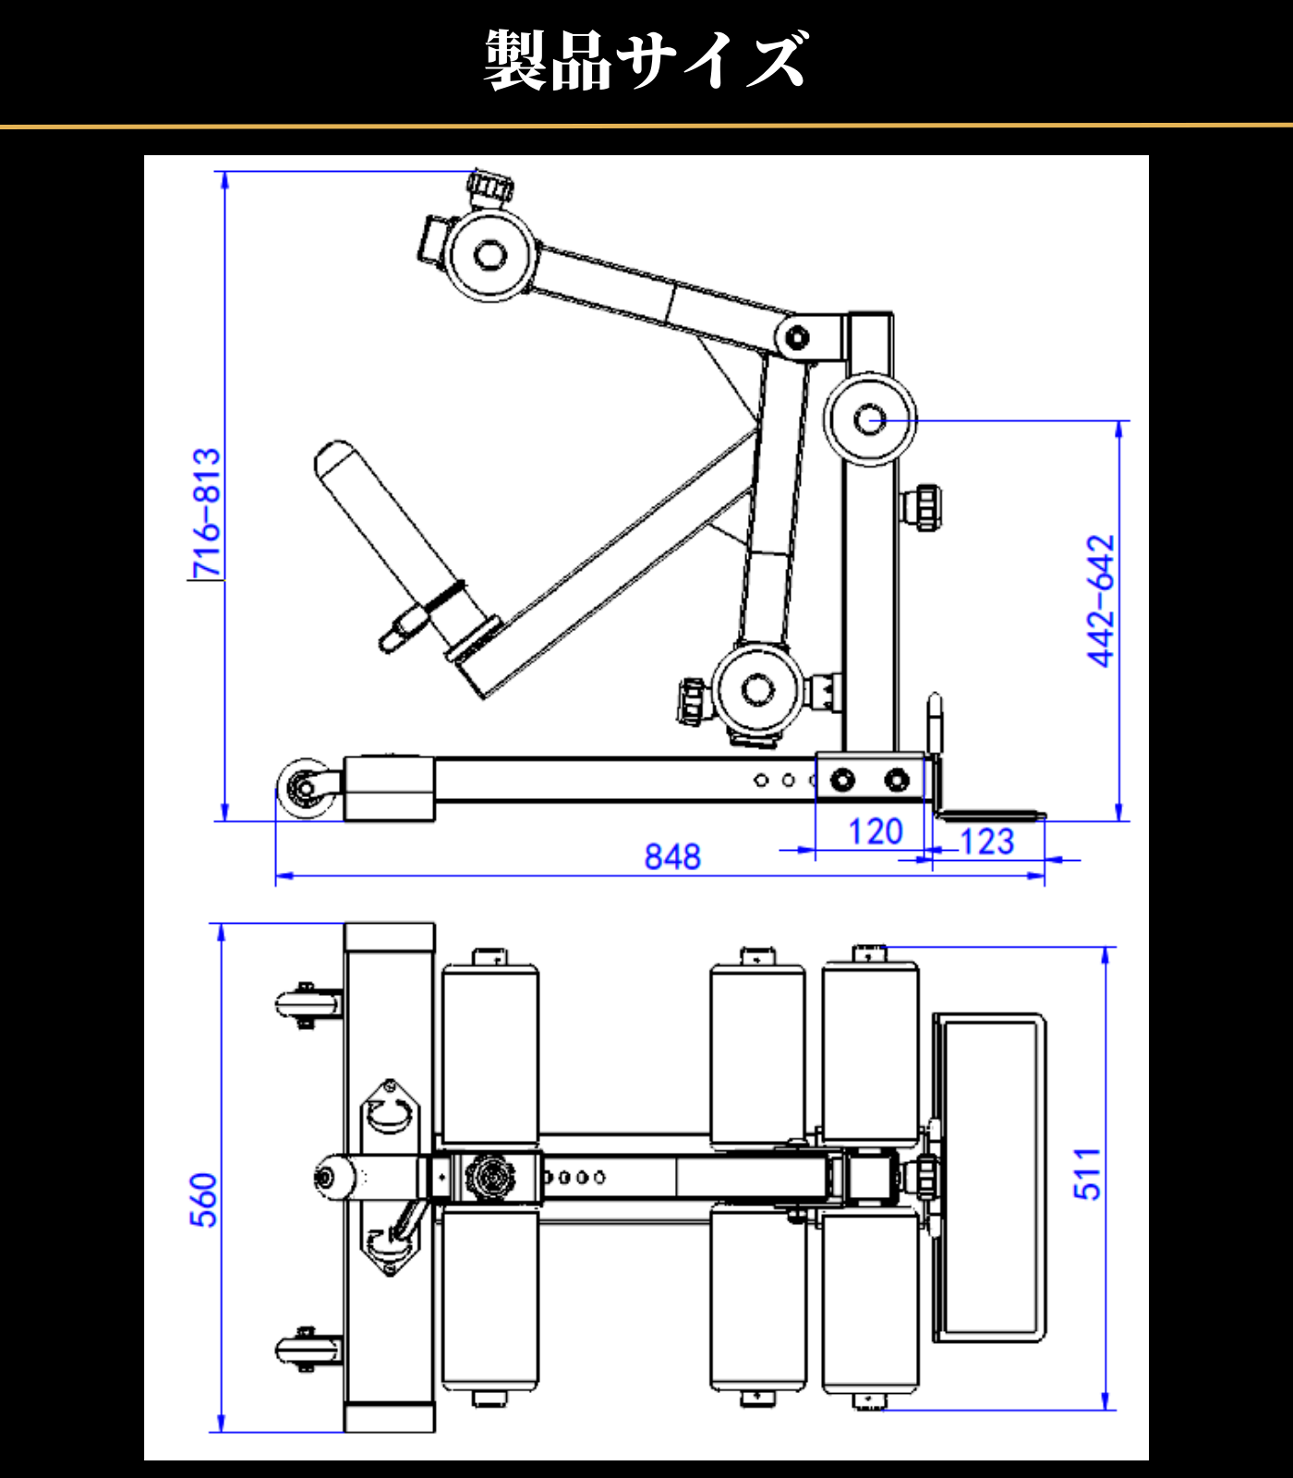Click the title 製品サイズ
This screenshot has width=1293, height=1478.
(645, 61)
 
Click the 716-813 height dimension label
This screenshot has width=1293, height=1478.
(207, 513)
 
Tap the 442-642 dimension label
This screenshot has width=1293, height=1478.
(1101, 600)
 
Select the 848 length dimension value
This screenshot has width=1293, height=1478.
(672, 856)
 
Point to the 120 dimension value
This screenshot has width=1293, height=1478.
(875, 831)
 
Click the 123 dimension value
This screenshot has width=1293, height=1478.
(986, 842)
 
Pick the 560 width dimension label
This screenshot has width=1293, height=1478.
(203, 1199)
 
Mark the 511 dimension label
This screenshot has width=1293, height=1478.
(1088, 1174)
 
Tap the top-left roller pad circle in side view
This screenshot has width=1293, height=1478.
(489, 254)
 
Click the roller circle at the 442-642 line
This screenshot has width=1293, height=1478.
(869, 420)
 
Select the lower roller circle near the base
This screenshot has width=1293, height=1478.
(757, 689)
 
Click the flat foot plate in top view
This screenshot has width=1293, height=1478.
(988, 1177)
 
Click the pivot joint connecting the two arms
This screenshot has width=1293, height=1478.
(795, 337)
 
